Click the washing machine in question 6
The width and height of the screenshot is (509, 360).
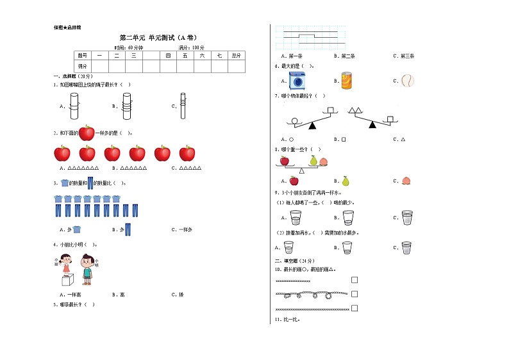tap(297, 81)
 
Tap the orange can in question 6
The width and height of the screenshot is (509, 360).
tap(347, 81)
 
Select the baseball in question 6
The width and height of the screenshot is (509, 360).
tap(408, 81)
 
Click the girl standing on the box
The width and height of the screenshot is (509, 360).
tap(65, 264)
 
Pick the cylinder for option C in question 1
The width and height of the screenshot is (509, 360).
tap(183, 106)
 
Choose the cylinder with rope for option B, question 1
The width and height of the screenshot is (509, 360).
tap(126, 105)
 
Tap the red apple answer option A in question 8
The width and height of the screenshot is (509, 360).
tap(294, 181)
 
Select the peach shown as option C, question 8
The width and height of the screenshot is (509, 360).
tap(405, 181)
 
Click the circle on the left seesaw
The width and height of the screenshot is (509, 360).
tap(294, 120)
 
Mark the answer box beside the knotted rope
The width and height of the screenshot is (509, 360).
tap(355, 294)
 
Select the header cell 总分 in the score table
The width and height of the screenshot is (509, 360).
tap(237, 56)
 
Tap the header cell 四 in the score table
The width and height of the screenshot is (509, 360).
tap(168, 56)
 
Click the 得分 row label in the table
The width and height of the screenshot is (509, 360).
tap(83, 66)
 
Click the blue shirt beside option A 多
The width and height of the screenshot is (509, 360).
tap(76, 229)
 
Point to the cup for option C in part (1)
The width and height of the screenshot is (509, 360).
tap(407, 218)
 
